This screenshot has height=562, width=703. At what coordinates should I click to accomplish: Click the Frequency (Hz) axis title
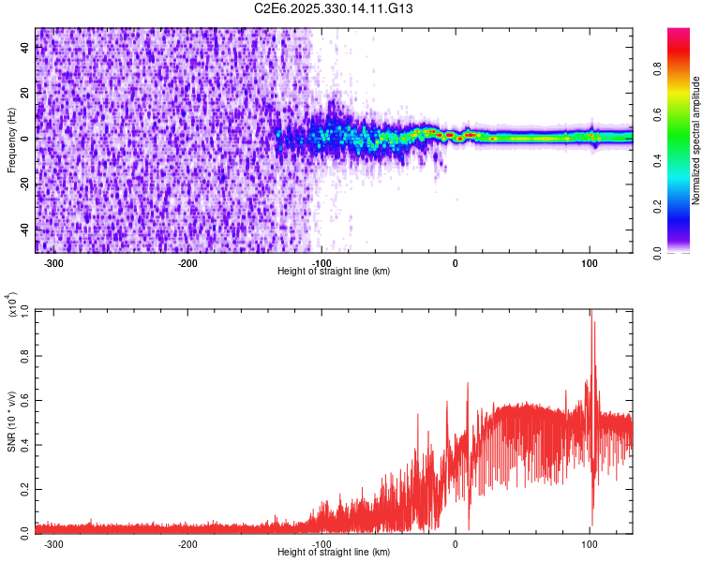[x=10, y=140]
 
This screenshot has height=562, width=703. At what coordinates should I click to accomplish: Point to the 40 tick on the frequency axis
[x=26, y=48]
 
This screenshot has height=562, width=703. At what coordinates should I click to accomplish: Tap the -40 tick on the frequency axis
[x=26, y=229]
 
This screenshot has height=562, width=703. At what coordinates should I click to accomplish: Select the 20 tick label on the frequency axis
[x=26, y=93]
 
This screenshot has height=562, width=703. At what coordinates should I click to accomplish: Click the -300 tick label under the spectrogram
[x=53, y=263]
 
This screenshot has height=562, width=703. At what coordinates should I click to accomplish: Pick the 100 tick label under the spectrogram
[x=589, y=263]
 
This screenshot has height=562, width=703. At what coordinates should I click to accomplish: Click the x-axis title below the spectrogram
[x=334, y=272]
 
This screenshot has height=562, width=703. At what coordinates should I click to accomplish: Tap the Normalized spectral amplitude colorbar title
[x=696, y=140]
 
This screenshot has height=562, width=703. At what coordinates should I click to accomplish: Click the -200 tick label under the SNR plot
[x=187, y=543]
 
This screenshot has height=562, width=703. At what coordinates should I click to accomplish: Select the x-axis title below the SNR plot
[x=334, y=553]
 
